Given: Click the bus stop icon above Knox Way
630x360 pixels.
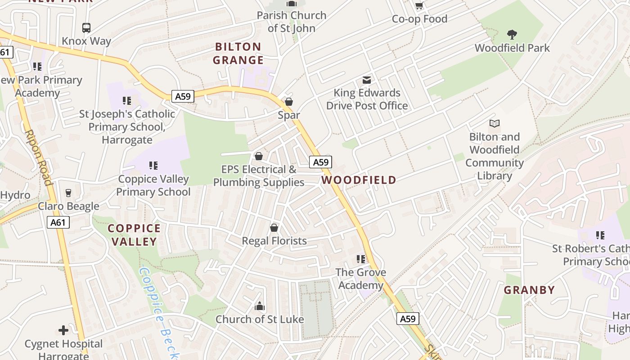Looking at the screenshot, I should pos(86,28).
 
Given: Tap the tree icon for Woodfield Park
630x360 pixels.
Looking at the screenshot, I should pos(512,35).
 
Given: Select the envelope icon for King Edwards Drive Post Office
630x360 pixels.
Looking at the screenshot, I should pos(367,80).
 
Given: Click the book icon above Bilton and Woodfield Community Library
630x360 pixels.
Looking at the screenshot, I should pos(494,123).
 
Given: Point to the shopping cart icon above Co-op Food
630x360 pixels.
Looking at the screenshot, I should pos(419,6).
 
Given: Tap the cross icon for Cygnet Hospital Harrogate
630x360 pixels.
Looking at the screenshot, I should pos(63,331).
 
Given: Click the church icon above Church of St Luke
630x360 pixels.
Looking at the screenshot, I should pos(259,306).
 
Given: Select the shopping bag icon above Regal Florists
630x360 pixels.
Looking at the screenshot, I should pos(274,228).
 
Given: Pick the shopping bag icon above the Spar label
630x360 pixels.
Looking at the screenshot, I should pos(289,102).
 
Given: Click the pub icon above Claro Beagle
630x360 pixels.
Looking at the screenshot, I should pos(68,193).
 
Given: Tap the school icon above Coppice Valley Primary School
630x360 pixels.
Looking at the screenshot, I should pos(153,166).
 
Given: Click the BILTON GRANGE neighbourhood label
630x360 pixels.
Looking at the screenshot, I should pos(238,53).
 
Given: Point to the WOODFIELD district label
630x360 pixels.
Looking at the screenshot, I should pos(359,180).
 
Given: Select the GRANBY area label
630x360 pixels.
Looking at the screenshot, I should pos(529,290).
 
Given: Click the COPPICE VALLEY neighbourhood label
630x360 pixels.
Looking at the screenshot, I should pos(134,235).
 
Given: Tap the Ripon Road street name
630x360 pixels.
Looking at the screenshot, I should pos(38,157).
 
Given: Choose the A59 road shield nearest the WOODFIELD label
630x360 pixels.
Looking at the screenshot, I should pos(320,162).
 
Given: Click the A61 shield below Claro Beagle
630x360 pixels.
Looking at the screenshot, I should pos(58,222).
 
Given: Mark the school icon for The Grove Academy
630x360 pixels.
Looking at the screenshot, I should pos(361,259).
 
